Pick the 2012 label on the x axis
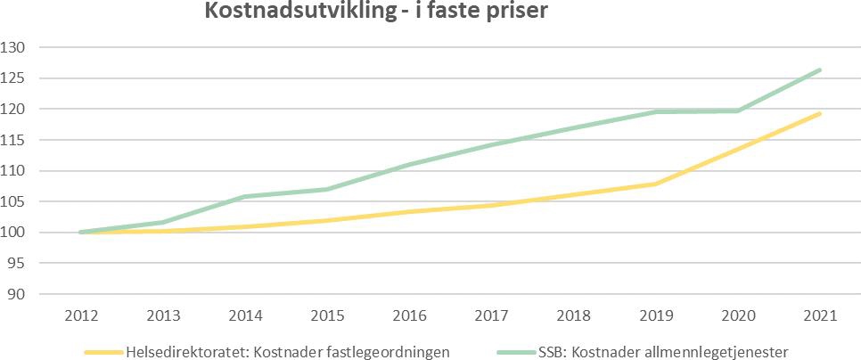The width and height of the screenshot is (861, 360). point(81,315)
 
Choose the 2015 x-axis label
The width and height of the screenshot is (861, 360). point(328,315)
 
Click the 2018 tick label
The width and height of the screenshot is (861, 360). point(574,315)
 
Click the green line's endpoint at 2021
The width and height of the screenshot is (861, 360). point(820,70)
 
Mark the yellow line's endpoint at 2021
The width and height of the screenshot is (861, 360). point(820,113)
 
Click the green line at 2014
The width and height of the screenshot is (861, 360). point(245,196)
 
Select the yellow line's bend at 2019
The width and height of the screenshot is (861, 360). point(656,184)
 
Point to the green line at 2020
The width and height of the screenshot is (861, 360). point(738,110)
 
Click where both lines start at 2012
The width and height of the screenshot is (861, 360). point(81,233)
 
